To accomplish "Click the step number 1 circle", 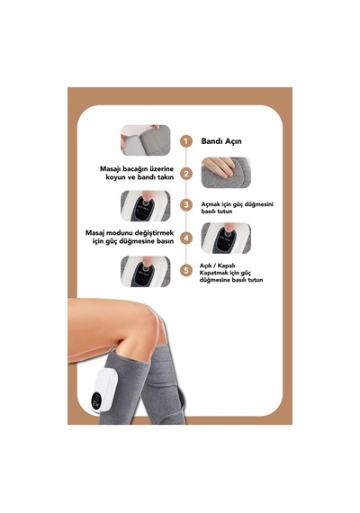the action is [x=186, y=141].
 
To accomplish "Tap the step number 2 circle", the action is [x=186, y=174].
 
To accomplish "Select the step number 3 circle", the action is [x=186, y=205].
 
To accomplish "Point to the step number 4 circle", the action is [x=186, y=238].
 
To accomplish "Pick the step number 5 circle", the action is [x=186, y=271].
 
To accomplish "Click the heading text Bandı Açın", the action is [x=221, y=141].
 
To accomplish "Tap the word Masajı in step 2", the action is [x=111, y=169].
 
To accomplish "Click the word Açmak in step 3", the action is [x=210, y=204].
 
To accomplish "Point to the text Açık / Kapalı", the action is [x=217, y=265].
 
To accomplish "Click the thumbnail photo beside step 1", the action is [x=145, y=140].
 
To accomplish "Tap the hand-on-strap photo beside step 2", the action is [x=226, y=173].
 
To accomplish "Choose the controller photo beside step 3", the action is [x=145, y=206].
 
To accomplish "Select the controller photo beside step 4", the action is [x=226, y=238].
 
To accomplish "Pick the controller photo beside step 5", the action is [x=145, y=271].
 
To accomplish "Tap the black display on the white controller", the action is [x=97, y=400].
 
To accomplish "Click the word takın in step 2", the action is [x=166, y=177].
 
